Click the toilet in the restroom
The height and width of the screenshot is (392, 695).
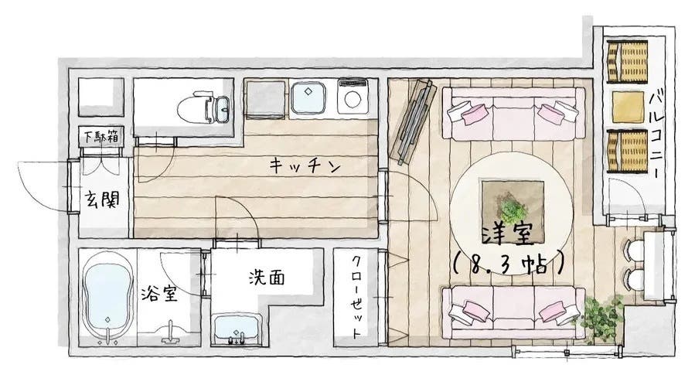click(203, 107)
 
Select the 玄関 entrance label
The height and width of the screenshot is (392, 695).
click(102, 200)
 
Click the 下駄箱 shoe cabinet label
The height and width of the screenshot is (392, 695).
click(101, 137)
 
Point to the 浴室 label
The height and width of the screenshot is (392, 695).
click(159, 294)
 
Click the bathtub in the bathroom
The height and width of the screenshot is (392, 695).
click(108, 297)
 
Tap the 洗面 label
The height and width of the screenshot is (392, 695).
click(267, 278)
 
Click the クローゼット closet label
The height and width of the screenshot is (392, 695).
click(356, 297)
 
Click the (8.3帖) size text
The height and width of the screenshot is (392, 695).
click(509, 264)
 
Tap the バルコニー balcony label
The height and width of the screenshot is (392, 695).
click(657, 132)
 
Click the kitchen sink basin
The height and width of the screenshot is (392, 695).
click(308, 98)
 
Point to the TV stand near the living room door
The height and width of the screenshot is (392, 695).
click(413, 121)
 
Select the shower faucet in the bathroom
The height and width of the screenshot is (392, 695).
click(170, 332)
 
